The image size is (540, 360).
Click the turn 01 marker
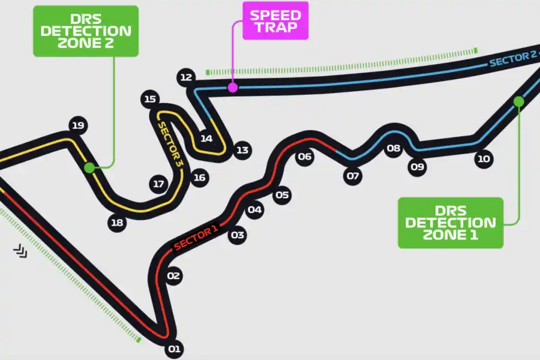coord(174,348)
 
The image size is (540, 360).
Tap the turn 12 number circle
coord(186,77)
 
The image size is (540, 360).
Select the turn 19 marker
coord(77,125)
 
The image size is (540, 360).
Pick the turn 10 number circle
coord(483,158)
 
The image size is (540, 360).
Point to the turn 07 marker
coord(352,176)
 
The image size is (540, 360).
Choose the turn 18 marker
coord(117,223)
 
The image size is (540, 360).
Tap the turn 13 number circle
coord(242,150)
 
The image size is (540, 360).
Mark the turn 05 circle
coord(282,194)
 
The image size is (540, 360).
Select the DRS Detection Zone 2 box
coord(86,31)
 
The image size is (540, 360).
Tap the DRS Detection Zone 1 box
coord(450,223)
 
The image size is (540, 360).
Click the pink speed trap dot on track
coord(233,88)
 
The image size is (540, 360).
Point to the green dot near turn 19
coord(89,167)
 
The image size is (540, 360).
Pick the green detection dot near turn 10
coord(519,102)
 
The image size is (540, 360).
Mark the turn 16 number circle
coord(199,177)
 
